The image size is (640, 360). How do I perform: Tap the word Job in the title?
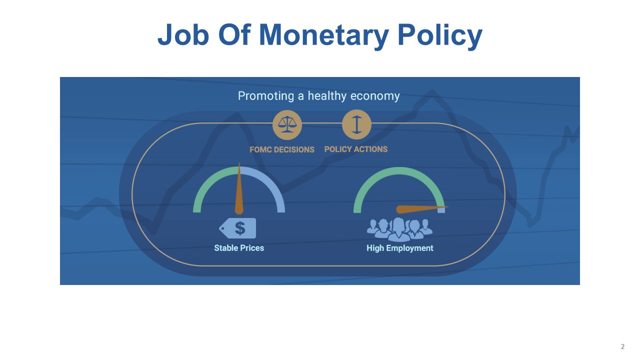tap(183, 34)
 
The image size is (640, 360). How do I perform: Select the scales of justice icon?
tap(287, 125)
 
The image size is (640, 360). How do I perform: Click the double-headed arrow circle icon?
tap(356, 124)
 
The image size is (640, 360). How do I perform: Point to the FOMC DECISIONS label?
tap(282, 149)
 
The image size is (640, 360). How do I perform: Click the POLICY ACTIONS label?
tap(356, 149)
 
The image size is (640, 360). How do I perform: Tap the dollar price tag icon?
tap(237, 228)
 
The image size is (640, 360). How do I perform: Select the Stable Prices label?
tap(239, 248)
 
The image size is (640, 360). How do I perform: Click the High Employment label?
tap(400, 248)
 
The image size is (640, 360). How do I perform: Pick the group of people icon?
tap(399, 229)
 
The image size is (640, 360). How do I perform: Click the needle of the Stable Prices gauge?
tap(239, 190)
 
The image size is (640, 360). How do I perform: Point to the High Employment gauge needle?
tap(421, 209)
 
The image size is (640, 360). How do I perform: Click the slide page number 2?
tap(623, 346)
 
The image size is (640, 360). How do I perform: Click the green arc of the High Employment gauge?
tap(399, 171)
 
